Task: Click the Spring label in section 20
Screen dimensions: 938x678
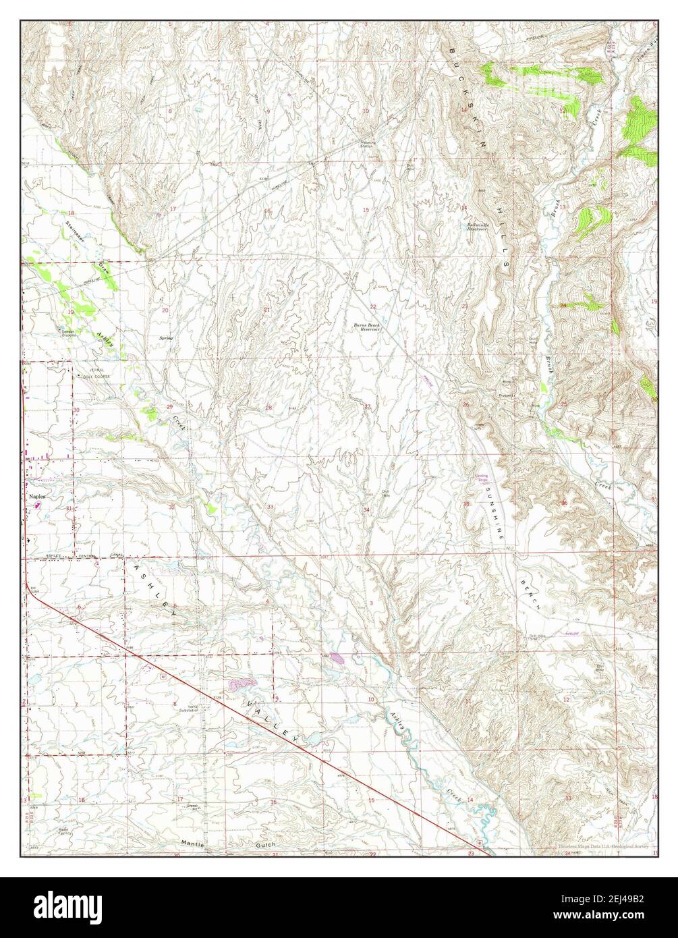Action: click(x=165, y=337)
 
